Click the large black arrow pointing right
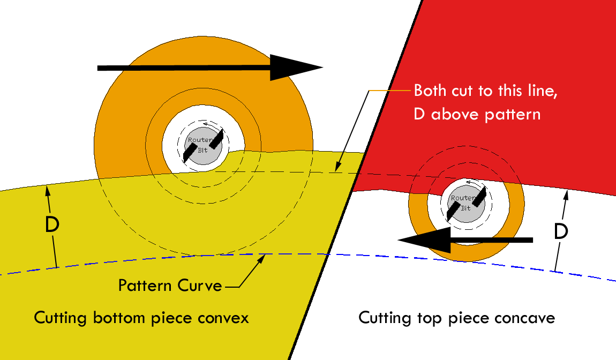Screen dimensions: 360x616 [x=209, y=67]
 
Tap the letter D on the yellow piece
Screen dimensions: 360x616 [x=52, y=226]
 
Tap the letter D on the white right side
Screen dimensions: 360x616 [x=560, y=231]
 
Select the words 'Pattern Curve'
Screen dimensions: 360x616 [x=170, y=285]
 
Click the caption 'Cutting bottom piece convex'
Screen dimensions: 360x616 [x=141, y=318]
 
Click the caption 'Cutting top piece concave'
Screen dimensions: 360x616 [x=456, y=318]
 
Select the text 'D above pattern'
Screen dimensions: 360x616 [x=477, y=114]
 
